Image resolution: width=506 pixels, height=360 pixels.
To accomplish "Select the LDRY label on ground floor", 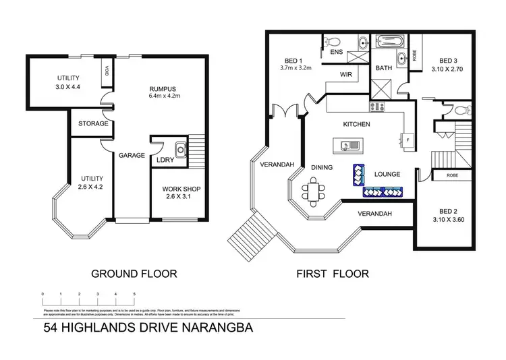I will [165, 160].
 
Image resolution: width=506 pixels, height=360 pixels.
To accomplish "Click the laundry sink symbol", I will [180, 148].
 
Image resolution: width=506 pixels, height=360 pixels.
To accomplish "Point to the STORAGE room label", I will [93, 123].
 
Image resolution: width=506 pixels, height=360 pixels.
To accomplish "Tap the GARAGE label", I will [132, 155].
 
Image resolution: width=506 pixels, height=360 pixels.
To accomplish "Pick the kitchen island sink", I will [349, 145].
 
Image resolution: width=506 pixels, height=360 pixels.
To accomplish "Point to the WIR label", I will [348, 74].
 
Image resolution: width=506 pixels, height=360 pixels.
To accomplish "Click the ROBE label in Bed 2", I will [453, 176].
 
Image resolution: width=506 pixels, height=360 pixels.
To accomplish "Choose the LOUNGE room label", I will [387, 174].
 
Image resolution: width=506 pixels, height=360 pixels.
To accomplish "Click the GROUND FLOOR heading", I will [134, 274].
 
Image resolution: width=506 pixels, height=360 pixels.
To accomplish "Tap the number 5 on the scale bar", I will [134, 295].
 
